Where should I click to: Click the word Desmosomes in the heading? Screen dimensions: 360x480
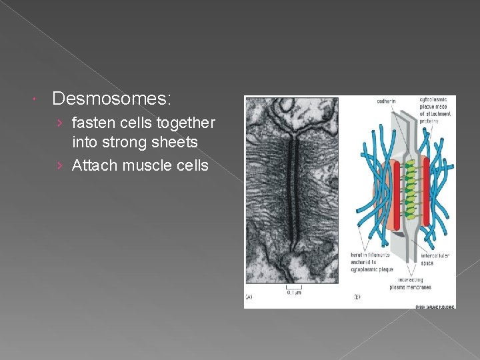(x=111, y=99)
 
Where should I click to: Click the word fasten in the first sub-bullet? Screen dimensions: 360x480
(x=92, y=123)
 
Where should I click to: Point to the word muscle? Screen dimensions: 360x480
(x=151, y=165)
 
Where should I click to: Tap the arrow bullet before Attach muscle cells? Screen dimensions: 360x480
(x=61, y=165)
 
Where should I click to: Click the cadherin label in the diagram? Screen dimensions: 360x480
(x=385, y=101)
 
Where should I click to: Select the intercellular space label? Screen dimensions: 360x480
(x=435, y=259)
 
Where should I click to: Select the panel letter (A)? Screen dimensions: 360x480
(x=249, y=296)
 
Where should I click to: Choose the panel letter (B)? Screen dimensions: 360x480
(x=357, y=296)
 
